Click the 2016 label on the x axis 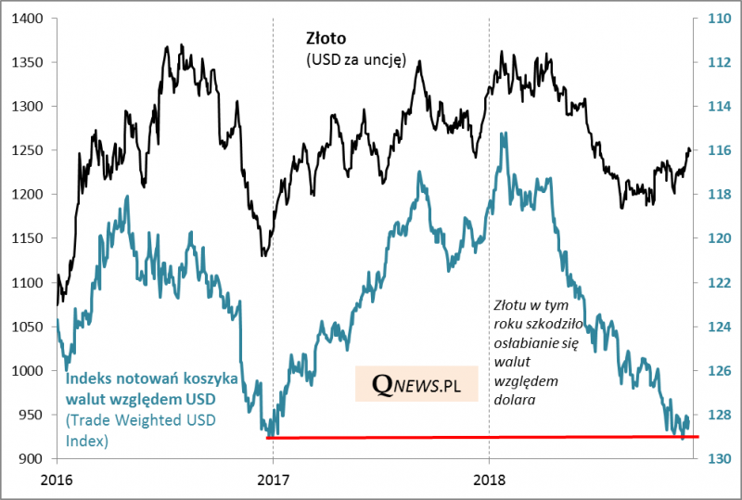click(x=57, y=481)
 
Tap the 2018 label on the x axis click(x=489, y=481)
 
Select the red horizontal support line click(x=482, y=436)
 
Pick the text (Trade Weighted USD click(x=135, y=421)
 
